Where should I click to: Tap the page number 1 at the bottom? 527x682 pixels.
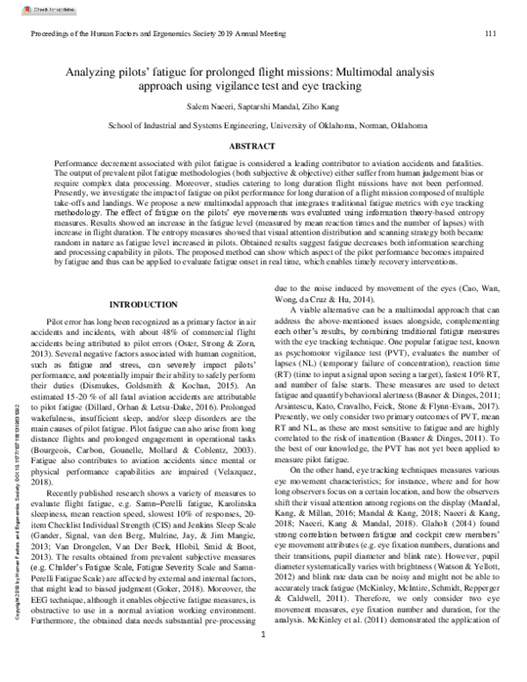point(263,658)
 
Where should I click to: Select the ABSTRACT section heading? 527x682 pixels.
point(263,145)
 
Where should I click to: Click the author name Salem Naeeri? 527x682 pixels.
point(214,105)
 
